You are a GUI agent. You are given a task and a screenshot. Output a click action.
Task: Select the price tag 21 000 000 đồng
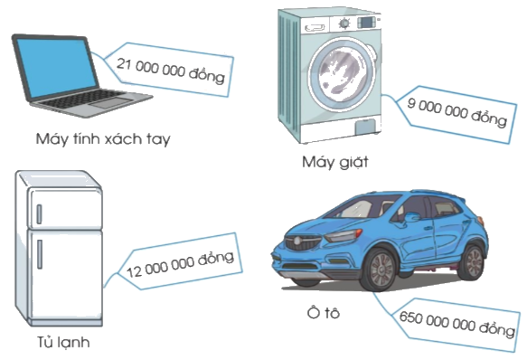[x=171, y=67]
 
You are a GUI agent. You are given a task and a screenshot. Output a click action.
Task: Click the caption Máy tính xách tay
[x=103, y=140]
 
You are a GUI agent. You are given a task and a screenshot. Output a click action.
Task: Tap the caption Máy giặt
[x=335, y=163]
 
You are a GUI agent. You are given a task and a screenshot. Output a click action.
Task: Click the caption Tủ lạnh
[x=58, y=343]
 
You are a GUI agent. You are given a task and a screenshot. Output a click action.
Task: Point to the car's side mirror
[x=412, y=218]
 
